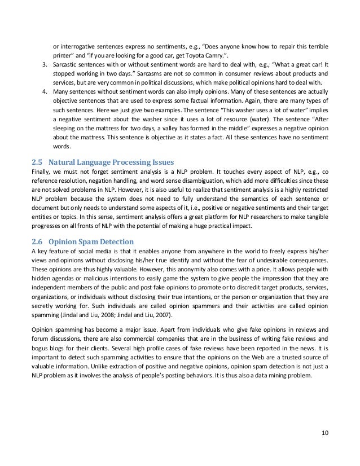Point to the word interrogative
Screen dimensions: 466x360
[80, 45]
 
